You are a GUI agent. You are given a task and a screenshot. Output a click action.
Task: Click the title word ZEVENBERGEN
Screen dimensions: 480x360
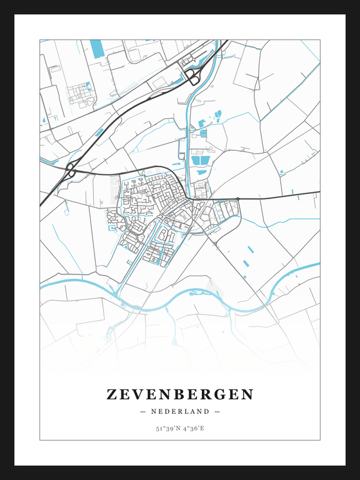click(x=180, y=394)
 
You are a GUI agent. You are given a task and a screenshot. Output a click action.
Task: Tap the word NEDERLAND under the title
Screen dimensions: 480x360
click(x=180, y=411)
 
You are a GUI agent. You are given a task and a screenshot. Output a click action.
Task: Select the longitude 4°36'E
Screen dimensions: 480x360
click(x=193, y=428)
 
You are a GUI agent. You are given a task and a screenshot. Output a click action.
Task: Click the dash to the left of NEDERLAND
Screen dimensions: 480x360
click(x=142, y=411)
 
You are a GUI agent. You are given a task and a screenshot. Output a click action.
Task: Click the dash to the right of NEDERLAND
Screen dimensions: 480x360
click(x=217, y=411)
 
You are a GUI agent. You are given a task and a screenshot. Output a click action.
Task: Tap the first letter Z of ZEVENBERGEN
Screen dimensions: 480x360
click(x=112, y=394)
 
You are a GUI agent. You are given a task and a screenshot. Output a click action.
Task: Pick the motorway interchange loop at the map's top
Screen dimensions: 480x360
click(x=192, y=76)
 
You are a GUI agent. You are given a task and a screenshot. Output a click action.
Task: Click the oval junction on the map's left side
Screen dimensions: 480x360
click(x=71, y=170)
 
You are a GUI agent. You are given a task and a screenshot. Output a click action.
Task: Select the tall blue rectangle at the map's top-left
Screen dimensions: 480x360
click(x=96, y=48)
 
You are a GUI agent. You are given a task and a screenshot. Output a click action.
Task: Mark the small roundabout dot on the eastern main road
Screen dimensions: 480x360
click(x=237, y=199)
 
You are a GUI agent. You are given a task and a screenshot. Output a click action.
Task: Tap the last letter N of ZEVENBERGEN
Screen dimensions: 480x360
click(x=248, y=394)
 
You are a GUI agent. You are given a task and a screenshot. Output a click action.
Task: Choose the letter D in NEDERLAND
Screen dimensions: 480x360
click(x=170, y=411)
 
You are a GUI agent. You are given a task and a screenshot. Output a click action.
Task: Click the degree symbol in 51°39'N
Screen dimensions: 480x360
click(x=163, y=427)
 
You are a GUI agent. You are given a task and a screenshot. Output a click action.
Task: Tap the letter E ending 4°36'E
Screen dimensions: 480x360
click(x=203, y=428)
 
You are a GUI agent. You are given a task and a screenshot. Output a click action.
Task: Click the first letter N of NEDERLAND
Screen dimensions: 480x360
click(x=154, y=411)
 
